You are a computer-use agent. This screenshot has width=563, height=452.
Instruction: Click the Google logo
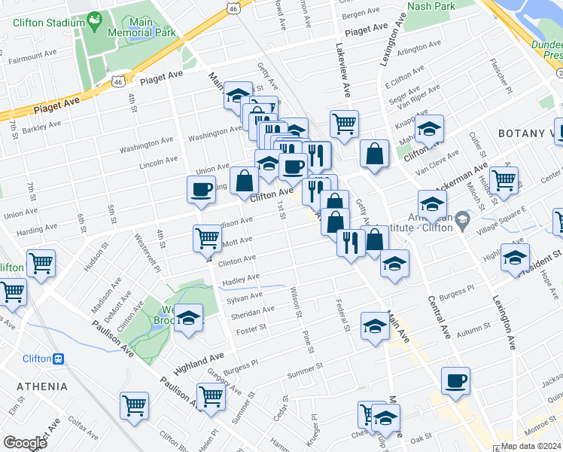click(25, 443)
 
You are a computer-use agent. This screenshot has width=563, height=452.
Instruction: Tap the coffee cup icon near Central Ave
click(455, 380)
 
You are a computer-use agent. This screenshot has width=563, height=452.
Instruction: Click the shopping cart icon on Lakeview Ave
click(344, 122)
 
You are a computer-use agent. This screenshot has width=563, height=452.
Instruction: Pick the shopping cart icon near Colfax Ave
click(134, 405)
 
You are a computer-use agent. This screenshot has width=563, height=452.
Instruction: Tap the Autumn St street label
click(473, 330)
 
